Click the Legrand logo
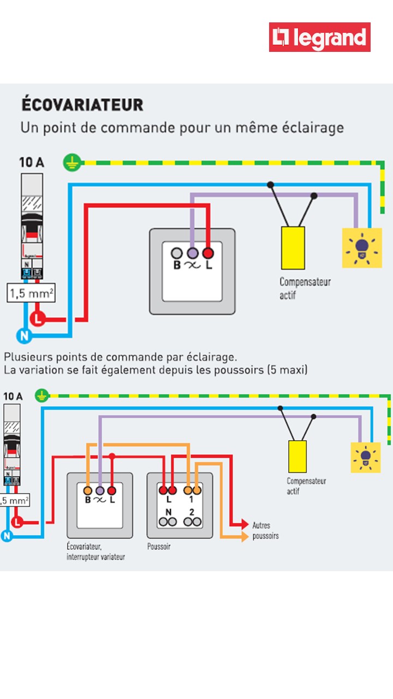[x=320, y=37]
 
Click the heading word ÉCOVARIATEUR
[x=82, y=104]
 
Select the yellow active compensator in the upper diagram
[x=293, y=247]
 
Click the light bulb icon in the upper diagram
[x=362, y=248]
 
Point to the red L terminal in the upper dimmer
[x=208, y=253]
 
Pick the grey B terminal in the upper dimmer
[x=177, y=253]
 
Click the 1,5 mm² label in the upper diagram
[x=31, y=294]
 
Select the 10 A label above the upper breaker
[x=32, y=162]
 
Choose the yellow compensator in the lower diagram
[x=297, y=456]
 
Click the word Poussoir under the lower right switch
[x=159, y=546]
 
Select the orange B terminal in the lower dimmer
[x=88, y=490]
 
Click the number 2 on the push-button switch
[x=192, y=512]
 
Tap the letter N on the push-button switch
[x=168, y=512]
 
